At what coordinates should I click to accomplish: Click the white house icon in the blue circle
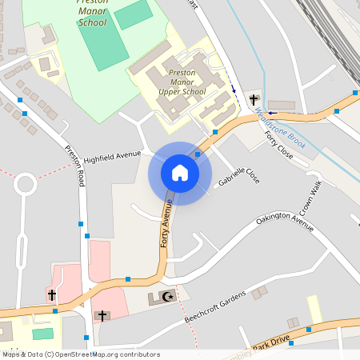[x=180, y=173]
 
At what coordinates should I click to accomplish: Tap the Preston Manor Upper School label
[x=182, y=82]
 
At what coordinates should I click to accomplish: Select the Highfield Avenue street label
[x=111, y=157]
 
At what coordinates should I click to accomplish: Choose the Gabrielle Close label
[x=238, y=179]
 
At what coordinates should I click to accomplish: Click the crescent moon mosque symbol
[x=167, y=297]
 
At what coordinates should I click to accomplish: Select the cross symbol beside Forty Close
[x=254, y=100]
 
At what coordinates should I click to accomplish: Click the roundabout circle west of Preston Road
[x=25, y=185]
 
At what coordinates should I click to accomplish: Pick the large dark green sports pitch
[x=102, y=45]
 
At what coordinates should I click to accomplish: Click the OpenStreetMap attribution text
[x=80, y=354]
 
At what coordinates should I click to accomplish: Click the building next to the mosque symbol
[x=154, y=301]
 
